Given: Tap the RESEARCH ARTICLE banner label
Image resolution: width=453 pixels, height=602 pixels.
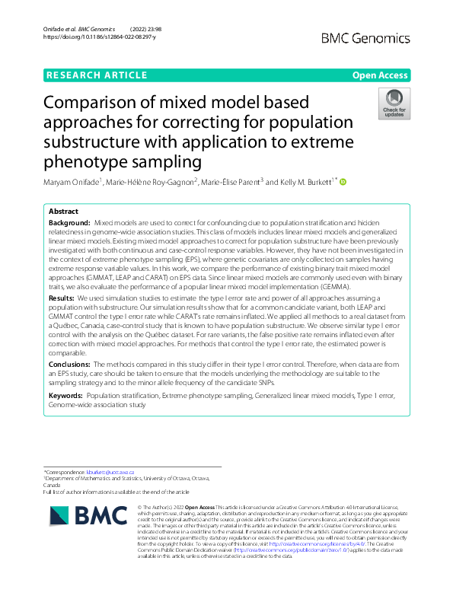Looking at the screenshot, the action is coord(97,75).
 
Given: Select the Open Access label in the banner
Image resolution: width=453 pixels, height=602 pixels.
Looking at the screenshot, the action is coord(379,75).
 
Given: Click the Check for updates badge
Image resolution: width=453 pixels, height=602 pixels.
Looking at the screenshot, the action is coord(394,104).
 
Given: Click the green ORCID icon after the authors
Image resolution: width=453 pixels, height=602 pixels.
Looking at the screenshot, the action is coord(343,181).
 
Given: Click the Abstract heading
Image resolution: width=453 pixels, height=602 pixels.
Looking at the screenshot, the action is coord(63,211).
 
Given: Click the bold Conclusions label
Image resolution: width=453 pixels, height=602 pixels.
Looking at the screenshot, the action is coord(71,365).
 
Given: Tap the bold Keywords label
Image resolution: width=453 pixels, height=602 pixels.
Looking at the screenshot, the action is coord(65,397).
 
